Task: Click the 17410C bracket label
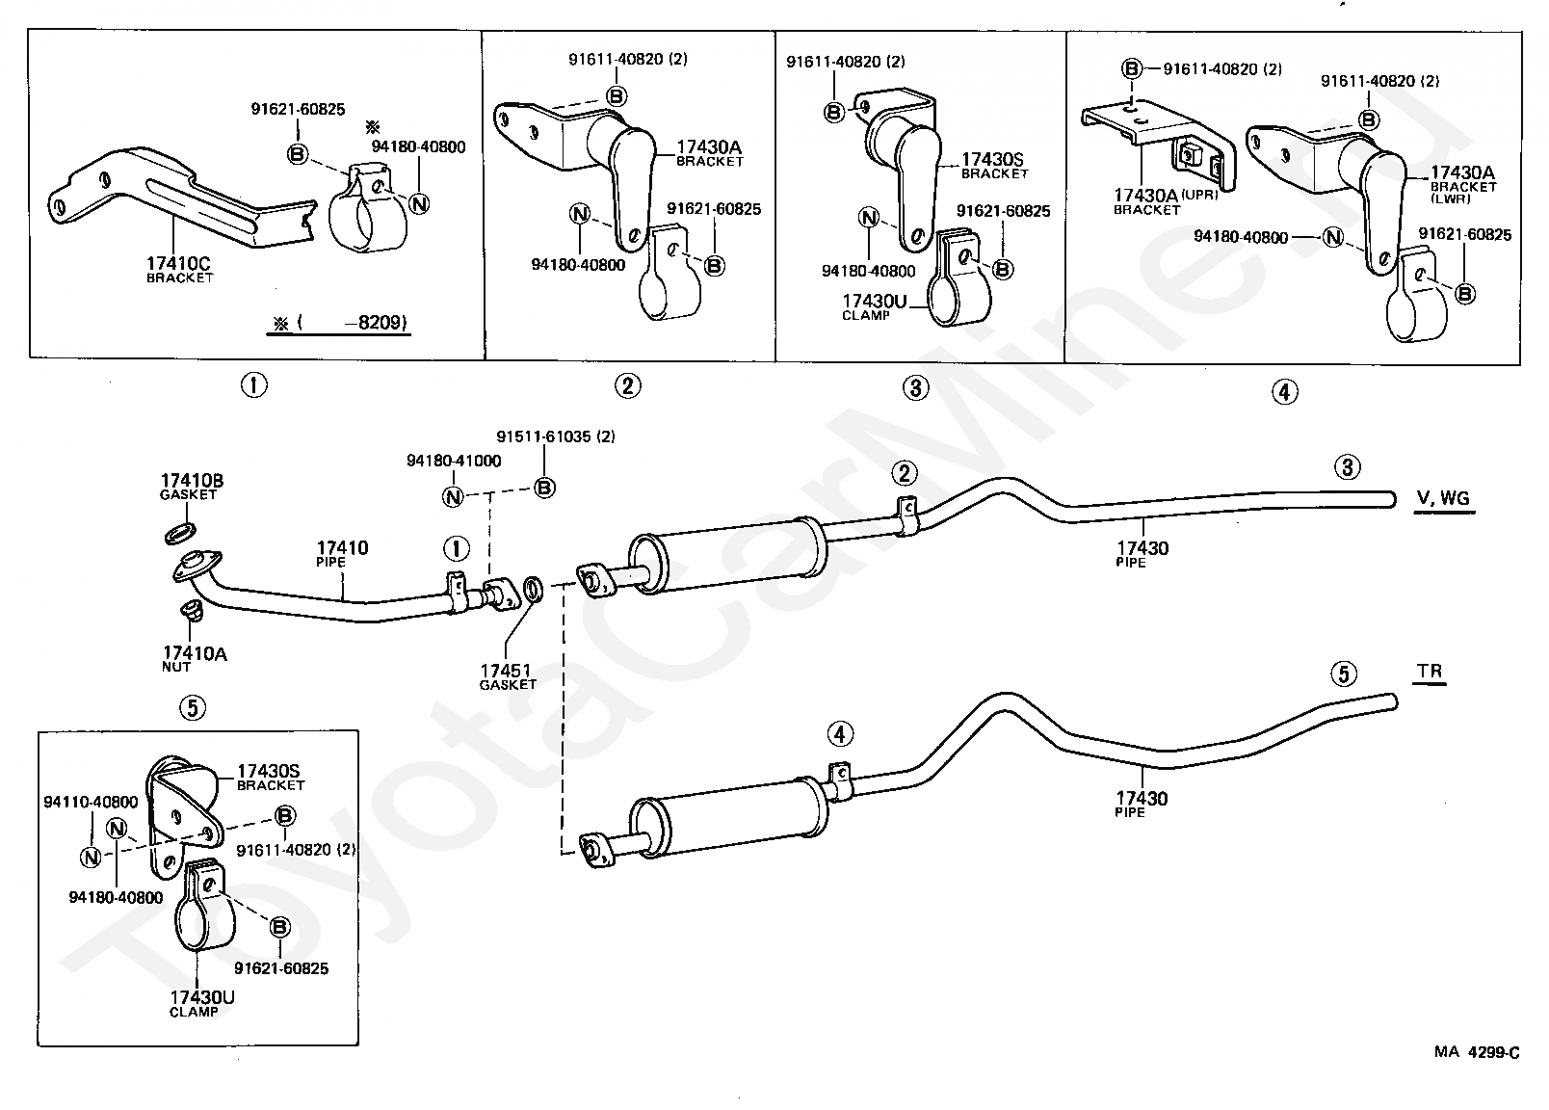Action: (x=179, y=269)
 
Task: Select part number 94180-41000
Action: (x=454, y=461)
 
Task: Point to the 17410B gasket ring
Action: (x=180, y=534)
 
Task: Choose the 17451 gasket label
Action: (x=508, y=676)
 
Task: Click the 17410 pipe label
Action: (x=342, y=554)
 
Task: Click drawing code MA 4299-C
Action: (x=1477, y=1052)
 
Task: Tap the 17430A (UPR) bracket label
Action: (x=1166, y=201)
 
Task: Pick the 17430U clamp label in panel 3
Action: (x=874, y=307)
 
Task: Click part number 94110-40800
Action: (x=91, y=802)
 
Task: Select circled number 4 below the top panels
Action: (x=1284, y=392)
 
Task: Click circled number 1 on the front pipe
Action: (x=456, y=549)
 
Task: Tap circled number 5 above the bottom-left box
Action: (x=193, y=707)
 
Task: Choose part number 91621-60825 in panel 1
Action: (x=298, y=109)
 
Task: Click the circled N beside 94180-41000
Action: (x=452, y=496)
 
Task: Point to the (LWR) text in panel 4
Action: (x=1450, y=199)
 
